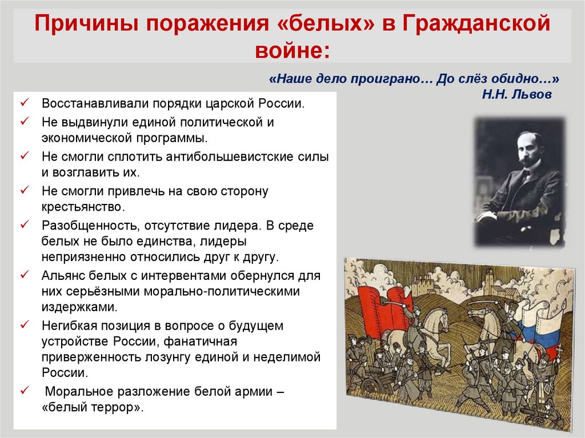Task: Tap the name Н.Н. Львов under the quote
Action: [x=516, y=94]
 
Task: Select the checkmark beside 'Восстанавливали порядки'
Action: [x=25, y=103]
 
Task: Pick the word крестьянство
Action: [x=83, y=207]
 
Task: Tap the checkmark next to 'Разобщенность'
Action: [x=25, y=224]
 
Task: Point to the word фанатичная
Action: [x=200, y=341]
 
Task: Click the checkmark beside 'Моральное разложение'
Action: [x=25, y=391]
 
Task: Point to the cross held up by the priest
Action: [x=559, y=351]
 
